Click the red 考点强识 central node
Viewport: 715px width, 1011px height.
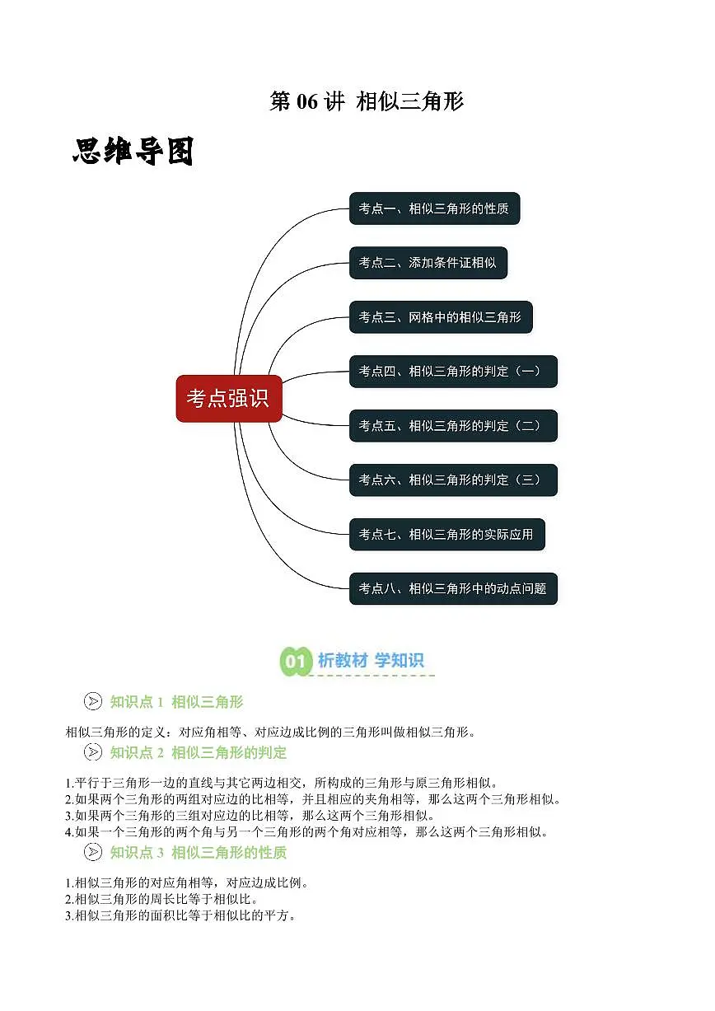[229, 399]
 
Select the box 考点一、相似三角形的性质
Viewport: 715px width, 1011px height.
[434, 208]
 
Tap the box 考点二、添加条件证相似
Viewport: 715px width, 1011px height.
[428, 263]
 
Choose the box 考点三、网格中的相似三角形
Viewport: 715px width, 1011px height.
[441, 317]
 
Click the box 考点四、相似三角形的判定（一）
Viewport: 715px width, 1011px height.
[453, 372]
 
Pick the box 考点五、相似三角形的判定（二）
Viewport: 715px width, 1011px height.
[453, 426]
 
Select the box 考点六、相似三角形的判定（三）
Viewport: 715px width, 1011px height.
[453, 480]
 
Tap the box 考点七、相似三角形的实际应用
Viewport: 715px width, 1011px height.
[447, 535]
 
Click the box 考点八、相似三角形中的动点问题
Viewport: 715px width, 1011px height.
[453, 588]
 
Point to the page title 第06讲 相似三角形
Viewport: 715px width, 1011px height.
[367, 101]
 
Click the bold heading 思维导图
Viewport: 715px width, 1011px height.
[133, 152]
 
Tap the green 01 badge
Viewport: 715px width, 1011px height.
[296, 661]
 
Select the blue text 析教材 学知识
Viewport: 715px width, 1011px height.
[371, 660]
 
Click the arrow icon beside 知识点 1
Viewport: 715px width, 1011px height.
[93, 701]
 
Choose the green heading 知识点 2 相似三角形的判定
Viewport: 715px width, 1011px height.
[199, 752]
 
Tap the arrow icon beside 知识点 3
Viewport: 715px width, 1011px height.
[93, 852]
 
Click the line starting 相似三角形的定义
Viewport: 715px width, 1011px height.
[271, 732]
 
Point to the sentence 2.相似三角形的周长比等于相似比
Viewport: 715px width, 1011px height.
[161, 899]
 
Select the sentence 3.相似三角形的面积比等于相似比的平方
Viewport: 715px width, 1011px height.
[180, 915]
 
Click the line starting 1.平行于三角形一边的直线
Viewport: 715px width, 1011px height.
[283, 782]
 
